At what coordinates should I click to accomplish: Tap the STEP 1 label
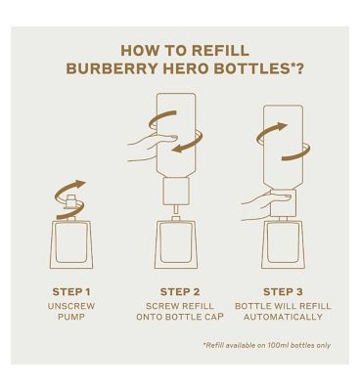pyautogui.click(x=71, y=291)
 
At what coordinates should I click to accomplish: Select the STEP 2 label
pyautogui.click(x=180, y=291)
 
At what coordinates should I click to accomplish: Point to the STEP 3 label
pyautogui.click(x=288, y=291)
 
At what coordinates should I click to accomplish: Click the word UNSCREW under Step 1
pyautogui.click(x=71, y=306)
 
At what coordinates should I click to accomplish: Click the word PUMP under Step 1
pyautogui.click(x=71, y=318)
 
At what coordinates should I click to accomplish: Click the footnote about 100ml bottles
pyautogui.click(x=266, y=345)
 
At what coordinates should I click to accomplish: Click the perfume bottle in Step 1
pyautogui.click(x=71, y=244)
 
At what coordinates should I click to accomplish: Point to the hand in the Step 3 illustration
pyautogui.click(x=257, y=202)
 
